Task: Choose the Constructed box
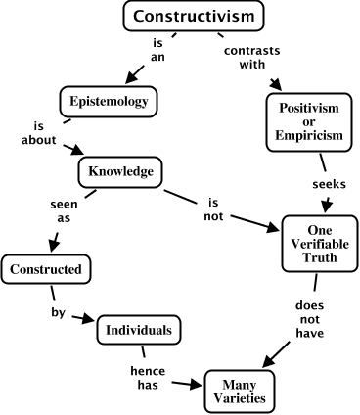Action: pyautogui.click(x=46, y=267)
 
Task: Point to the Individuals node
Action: pyautogui.click(x=141, y=330)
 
